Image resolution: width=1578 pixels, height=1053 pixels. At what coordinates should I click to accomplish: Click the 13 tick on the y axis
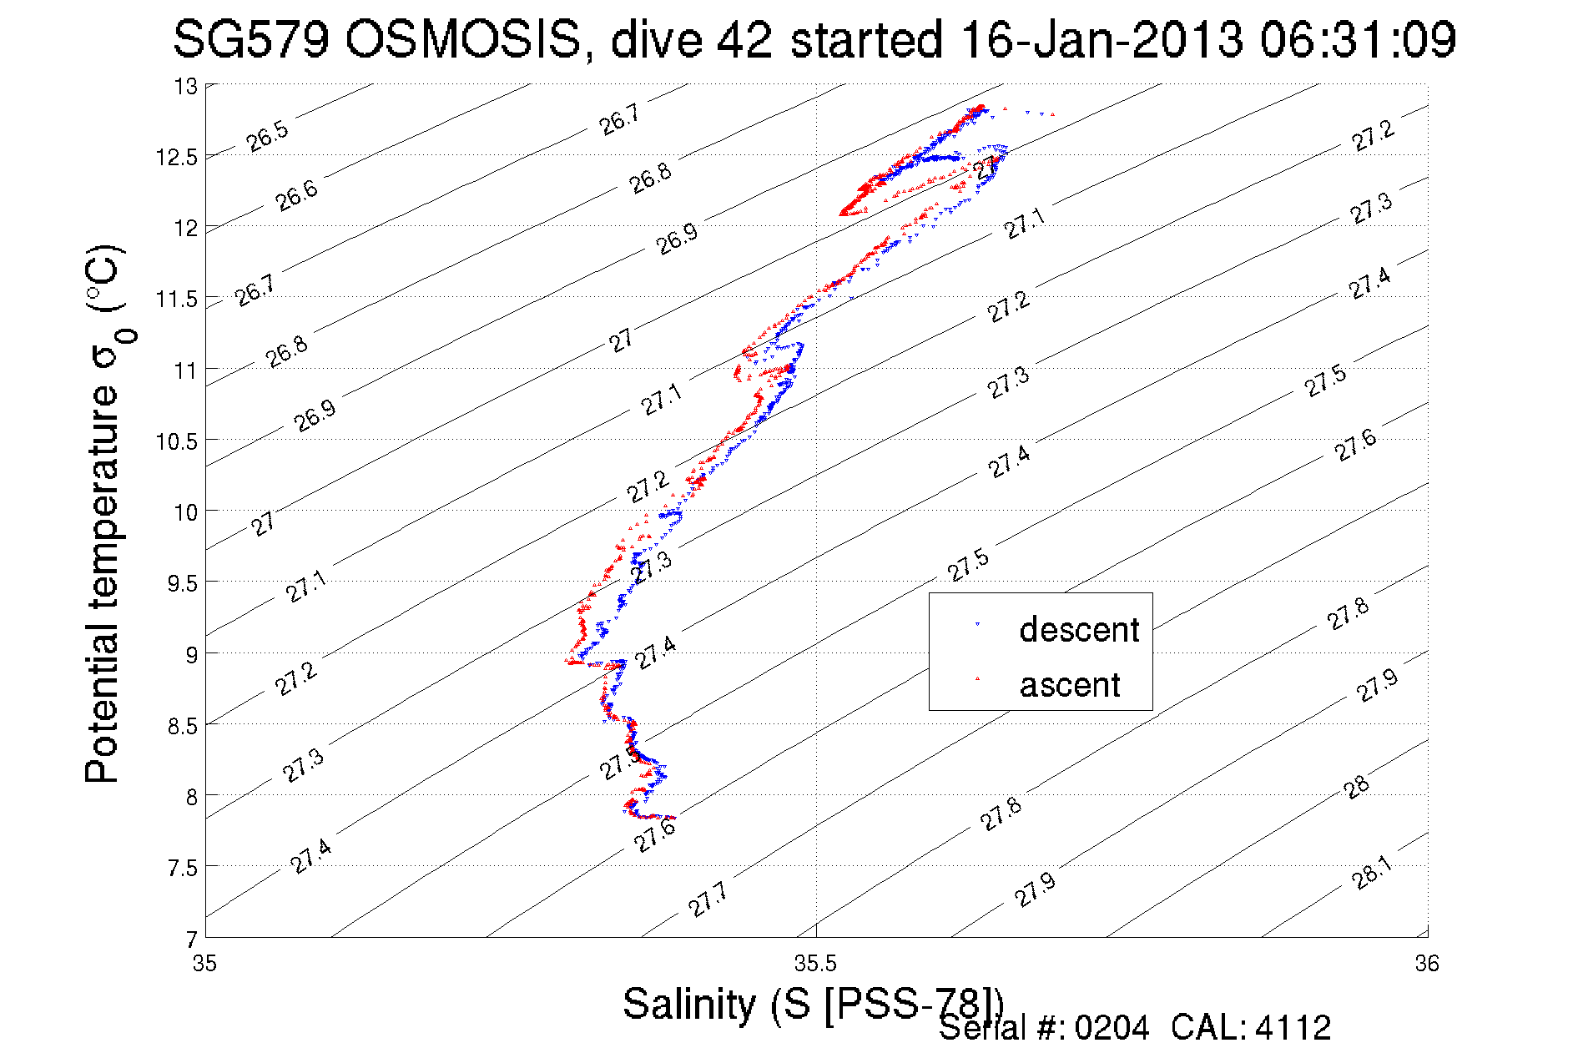click(185, 86)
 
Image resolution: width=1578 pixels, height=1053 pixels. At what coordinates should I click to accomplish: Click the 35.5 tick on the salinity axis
click(815, 964)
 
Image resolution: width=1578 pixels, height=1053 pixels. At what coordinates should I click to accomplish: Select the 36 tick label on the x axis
click(1427, 964)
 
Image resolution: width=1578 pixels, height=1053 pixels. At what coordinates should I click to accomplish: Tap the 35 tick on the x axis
click(204, 964)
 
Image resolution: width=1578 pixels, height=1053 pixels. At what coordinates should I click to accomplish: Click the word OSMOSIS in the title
click(462, 39)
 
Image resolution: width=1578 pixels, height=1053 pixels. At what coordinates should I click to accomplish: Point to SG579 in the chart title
click(250, 39)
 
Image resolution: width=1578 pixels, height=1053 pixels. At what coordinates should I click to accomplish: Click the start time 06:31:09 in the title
click(1358, 39)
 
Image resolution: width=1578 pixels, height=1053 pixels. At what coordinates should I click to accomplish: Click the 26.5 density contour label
click(268, 136)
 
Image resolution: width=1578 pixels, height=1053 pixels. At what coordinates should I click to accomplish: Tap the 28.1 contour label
click(1372, 873)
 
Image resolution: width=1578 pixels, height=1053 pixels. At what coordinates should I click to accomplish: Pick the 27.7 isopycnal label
click(708, 899)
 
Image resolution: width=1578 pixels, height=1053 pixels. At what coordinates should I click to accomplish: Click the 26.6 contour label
click(296, 195)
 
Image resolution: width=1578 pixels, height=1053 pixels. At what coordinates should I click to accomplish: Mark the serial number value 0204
click(1112, 1028)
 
